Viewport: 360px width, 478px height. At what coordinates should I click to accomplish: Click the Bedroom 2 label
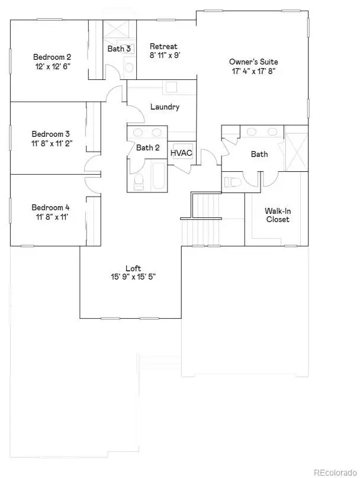click(47, 57)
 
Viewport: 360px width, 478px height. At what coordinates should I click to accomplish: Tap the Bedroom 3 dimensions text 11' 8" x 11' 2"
click(51, 143)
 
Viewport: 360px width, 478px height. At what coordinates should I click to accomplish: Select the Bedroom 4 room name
click(50, 207)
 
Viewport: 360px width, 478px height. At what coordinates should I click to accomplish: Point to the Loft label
click(133, 268)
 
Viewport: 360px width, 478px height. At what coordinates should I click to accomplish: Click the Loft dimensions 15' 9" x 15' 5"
click(133, 277)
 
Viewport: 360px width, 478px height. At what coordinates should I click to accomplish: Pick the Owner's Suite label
click(253, 62)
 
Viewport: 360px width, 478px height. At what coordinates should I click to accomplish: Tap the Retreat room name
click(163, 46)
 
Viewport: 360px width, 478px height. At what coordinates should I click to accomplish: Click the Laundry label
click(165, 107)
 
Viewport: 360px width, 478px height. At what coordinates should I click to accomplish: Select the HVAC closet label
click(181, 153)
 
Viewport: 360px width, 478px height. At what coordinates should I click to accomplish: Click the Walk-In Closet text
click(277, 215)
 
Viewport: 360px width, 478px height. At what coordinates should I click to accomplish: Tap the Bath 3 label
click(119, 49)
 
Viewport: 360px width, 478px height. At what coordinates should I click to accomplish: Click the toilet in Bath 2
click(138, 182)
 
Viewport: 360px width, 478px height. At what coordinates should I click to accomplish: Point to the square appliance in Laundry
click(171, 87)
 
